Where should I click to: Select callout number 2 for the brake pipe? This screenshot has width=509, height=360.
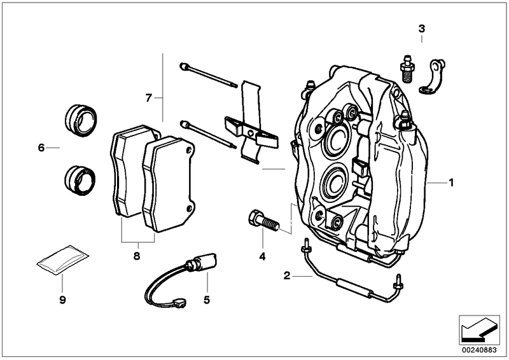(287, 276)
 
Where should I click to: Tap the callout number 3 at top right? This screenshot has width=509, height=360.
(421, 28)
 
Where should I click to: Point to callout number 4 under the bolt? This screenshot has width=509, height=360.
(261, 257)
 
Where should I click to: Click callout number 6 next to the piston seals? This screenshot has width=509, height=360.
(41, 148)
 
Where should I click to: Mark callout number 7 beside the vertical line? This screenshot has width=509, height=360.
(148, 98)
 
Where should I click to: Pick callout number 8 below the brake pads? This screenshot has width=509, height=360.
(136, 257)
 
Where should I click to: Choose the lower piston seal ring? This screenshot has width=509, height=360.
(81, 179)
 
